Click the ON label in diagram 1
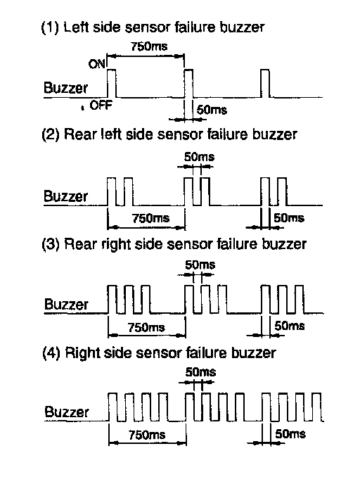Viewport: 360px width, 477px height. [x=97, y=64]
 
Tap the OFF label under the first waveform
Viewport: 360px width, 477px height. [x=101, y=106]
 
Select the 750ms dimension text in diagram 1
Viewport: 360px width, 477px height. [x=149, y=46]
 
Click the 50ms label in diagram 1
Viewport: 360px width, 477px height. [x=212, y=110]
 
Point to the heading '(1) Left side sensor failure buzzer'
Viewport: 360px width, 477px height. [x=153, y=27]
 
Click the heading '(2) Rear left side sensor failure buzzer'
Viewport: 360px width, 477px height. [x=169, y=134]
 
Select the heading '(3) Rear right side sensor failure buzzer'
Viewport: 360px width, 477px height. [x=174, y=244]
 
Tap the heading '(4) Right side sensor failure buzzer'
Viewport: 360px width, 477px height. [x=159, y=352]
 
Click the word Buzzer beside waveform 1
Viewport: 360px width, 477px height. [x=65, y=88]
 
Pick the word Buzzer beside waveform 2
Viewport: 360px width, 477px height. [x=65, y=196]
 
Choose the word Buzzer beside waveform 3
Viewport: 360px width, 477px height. [x=66, y=304]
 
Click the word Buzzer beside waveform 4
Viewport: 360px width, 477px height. [x=67, y=412]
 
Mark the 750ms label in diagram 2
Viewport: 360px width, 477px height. [x=150, y=218]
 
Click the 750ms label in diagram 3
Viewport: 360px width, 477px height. [x=146, y=327]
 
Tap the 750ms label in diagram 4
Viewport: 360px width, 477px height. [x=147, y=435]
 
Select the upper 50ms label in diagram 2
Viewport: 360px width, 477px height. [x=199, y=157]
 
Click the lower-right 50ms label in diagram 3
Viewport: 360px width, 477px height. [x=290, y=326]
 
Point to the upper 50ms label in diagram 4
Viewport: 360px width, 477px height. [x=200, y=372]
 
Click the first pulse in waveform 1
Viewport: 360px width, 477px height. [x=112, y=84]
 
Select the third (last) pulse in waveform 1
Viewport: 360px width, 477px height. [x=265, y=84]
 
